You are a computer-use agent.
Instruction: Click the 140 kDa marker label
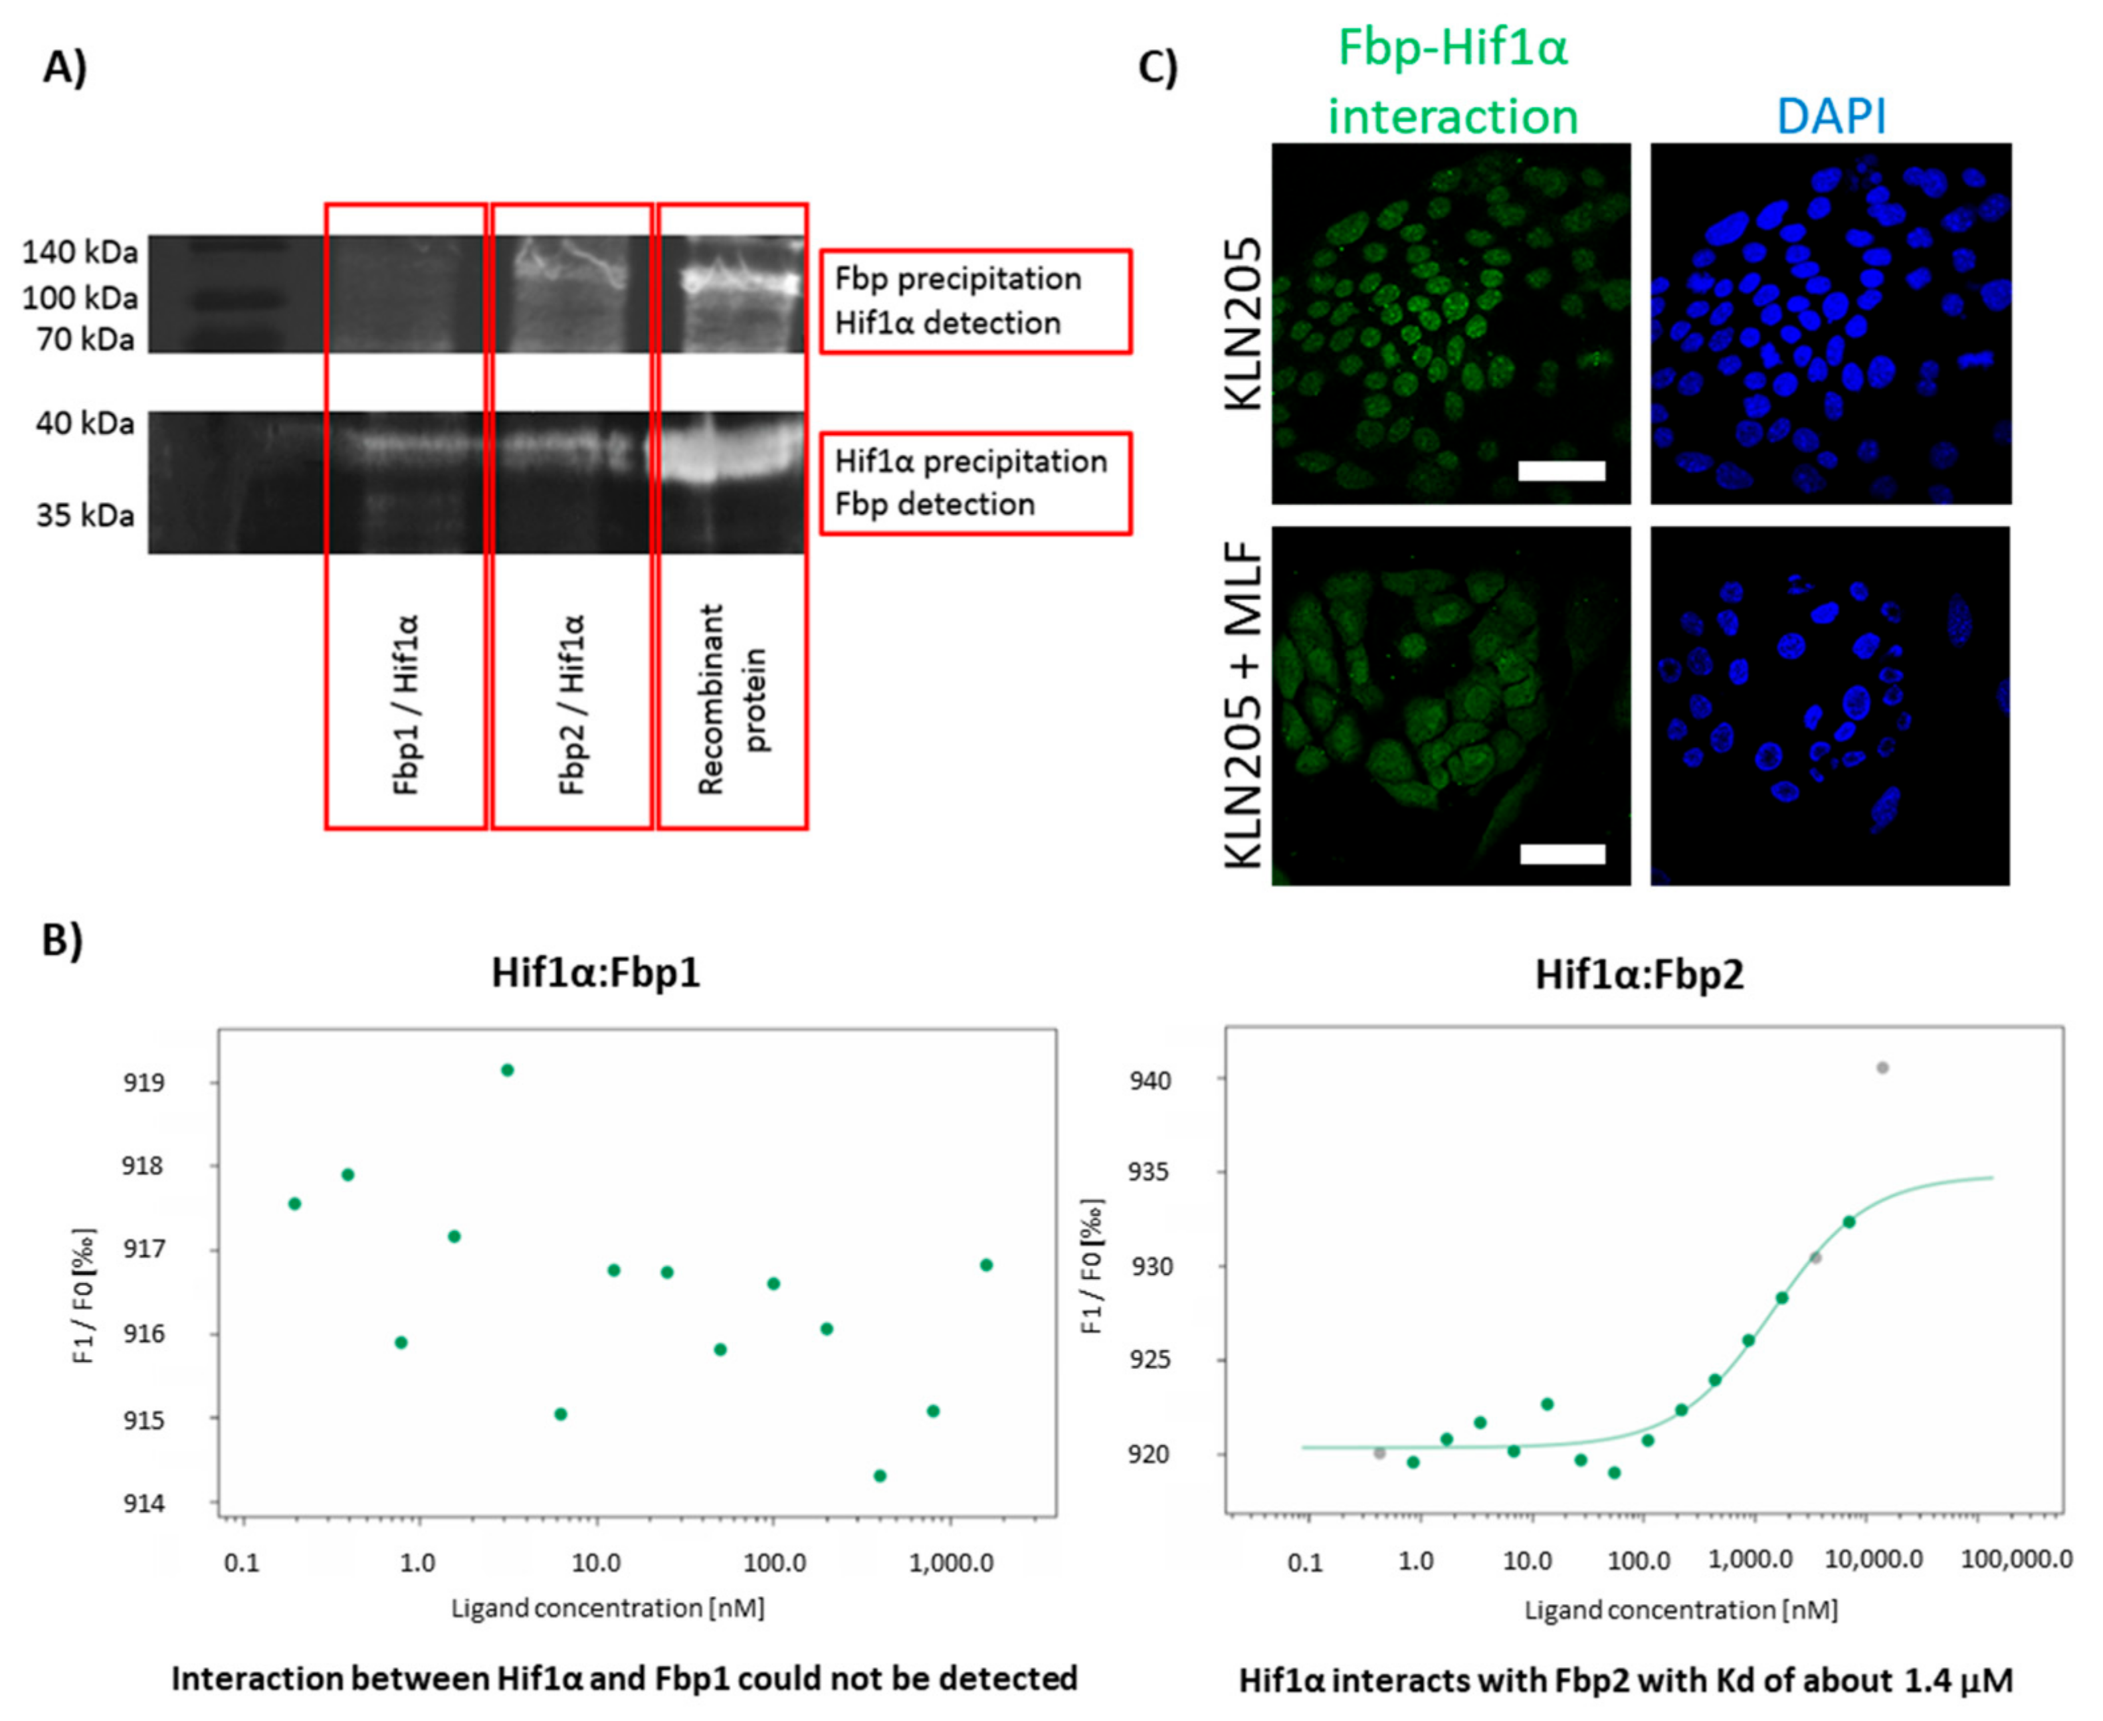tap(80, 253)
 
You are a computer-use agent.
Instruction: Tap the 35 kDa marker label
tap(85, 515)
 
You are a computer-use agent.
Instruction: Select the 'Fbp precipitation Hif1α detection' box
tap(975, 301)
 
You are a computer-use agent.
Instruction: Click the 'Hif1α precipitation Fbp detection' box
tap(975, 483)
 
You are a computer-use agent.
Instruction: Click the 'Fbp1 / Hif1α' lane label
tap(406, 704)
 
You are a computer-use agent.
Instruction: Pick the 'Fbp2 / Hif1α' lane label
tap(572, 704)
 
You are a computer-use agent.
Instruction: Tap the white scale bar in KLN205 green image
tap(1561, 471)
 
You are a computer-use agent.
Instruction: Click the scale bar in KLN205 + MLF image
tap(1562, 854)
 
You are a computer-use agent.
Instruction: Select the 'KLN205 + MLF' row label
tap(1245, 706)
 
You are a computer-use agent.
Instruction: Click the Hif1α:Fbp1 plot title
tap(595, 974)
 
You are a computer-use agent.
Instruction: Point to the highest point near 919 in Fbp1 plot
tap(508, 1070)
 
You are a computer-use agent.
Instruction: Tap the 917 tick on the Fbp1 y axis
tap(142, 1249)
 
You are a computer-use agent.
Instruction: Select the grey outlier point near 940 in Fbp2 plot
tap(1883, 1068)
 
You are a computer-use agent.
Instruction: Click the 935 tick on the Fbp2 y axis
tap(1150, 1173)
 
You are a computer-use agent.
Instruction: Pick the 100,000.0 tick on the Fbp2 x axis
tap(2016, 1560)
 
